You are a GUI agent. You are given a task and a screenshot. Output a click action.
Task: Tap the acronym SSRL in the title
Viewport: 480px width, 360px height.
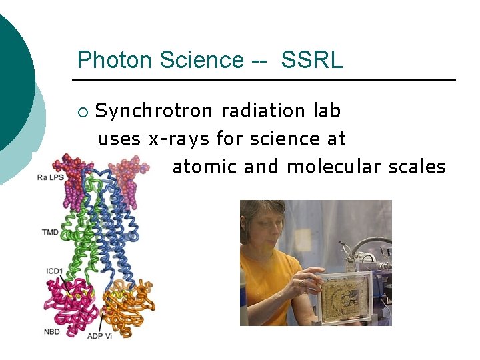point(312,60)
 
